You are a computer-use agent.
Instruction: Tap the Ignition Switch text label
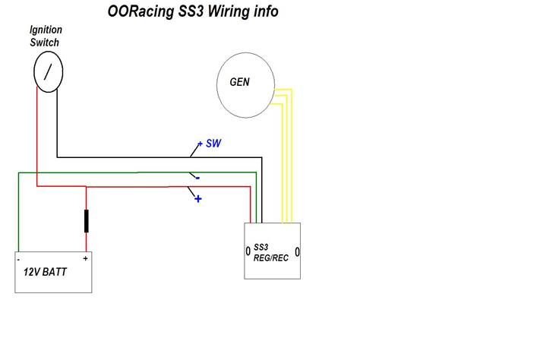[x=45, y=36]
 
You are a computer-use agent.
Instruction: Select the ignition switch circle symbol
[x=48, y=72]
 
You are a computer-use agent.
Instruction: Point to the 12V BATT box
[x=54, y=272]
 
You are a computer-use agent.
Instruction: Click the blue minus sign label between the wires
[x=197, y=178]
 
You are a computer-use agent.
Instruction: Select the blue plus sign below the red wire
[x=197, y=199]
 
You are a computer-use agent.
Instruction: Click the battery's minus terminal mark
[x=18, y=259]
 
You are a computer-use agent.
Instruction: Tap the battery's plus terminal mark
[x=85, y=258]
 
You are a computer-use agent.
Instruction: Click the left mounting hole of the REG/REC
[x=248, y=251]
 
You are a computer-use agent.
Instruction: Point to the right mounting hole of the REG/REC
[x=298, y=251]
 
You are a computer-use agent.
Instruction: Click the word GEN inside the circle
[x=240, y=82]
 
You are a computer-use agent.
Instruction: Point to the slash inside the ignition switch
[x=48, y=72]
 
